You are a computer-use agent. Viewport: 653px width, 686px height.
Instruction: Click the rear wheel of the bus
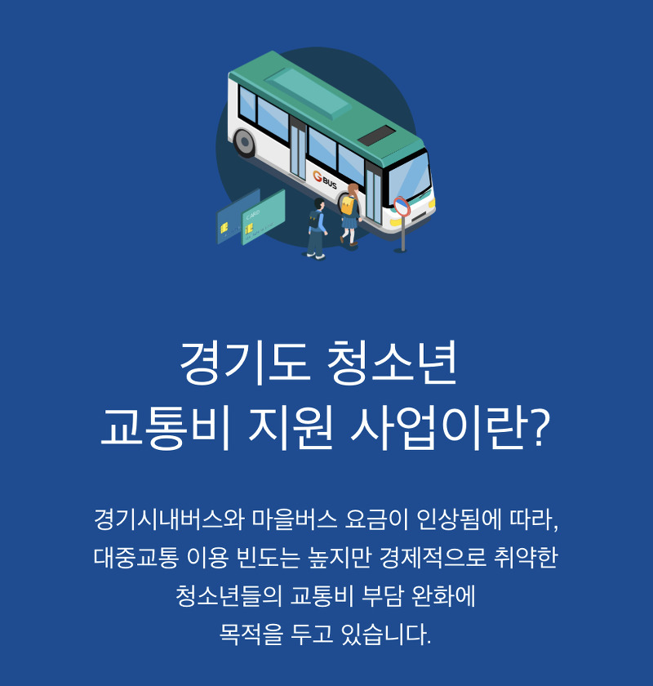[x=245, y=143]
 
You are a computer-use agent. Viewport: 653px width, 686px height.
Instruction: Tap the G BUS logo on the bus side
[x=324, y=179]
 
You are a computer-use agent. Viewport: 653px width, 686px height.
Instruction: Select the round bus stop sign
[x=401, y=206]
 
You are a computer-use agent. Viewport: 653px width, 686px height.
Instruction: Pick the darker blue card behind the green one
[x=234, y=219]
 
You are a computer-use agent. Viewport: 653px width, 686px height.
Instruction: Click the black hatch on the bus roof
[x=378, y=136]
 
